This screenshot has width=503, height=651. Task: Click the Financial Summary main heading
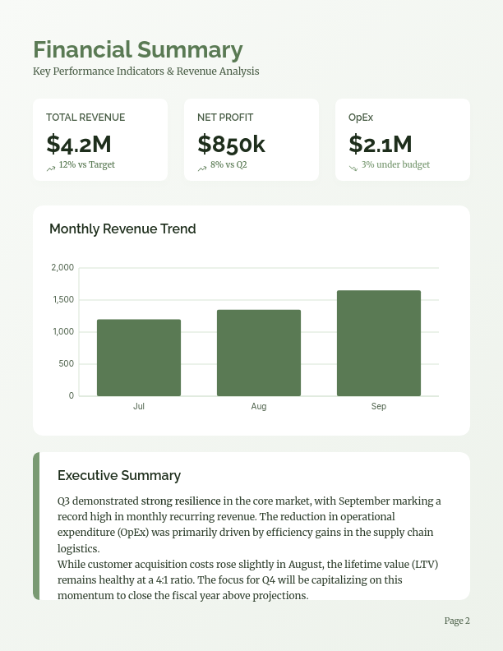pyautogui.click(x=137, y=50)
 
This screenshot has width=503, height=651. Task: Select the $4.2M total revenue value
pyautogui.click(x=79, y=144)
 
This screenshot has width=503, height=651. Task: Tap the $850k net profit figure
pyautogui.click(x=231, y=144)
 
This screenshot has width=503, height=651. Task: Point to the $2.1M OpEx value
pyautogui.click(x=380, y=144)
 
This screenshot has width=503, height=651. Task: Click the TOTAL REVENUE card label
pyautogui.click(x=85, y=118)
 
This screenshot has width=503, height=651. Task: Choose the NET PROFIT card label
pyautogui.click(x=225, y=118)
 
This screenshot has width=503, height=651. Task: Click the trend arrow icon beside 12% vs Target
pyautogui.click(x=51, y=168)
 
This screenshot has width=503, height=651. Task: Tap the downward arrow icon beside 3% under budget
pyautogui.click(x=353, y=168)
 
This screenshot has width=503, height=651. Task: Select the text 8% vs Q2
pyautogui.click(x=228, y=164)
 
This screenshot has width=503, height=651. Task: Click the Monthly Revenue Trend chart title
pyautogui.click(x=122, y=229)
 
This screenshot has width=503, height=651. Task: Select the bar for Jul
pyautogui.click(x=139, y=358)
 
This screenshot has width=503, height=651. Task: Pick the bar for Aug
pyautogui.click(x=259, y=353)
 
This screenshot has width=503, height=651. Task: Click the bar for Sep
pyautogui.click(x=379, y=343)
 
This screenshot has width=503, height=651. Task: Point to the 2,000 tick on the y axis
pyautogui.click(x=62, y=268)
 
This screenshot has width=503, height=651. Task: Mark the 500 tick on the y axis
pyautogui.click(x=66, y=364)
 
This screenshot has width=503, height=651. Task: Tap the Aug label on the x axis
pyautogui.click(x=259, y=407)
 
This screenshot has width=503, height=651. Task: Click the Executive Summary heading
pyautogui.click(x=119, y=475)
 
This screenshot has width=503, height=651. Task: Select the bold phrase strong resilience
pyautogui.click(x=181, y=501)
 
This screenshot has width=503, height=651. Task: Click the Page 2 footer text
pyautogui.click(x=457, y=621)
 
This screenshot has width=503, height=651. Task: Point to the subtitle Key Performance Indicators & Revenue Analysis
pyautogui.click(x=146, y=72)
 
